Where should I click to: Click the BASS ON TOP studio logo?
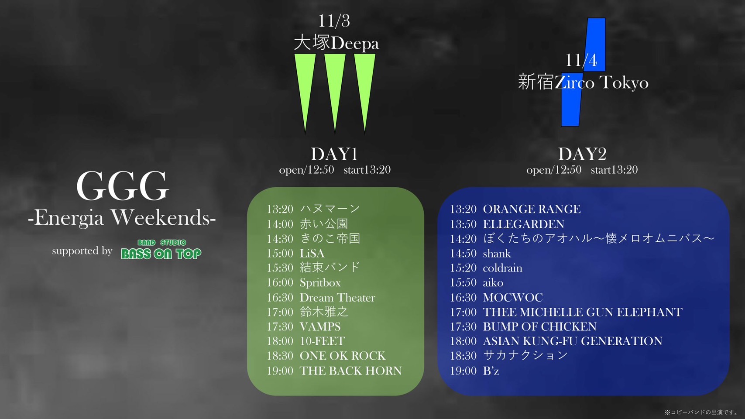(x=161, y=249)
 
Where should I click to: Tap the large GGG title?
(x=122, y=186)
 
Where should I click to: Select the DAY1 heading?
(x=334, y=154)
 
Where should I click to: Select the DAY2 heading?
(x=582, y=154)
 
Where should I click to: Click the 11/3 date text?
(x=334, y=21)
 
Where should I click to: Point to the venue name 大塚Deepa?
(x=336, y=44)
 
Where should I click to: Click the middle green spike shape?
(x=335, y=93)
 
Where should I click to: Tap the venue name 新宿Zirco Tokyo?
(x=583, y=82)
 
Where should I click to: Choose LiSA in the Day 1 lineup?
(x=312, y=254)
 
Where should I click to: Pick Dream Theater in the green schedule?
(x=337, y=297)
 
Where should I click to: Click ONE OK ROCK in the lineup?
(x=343, y=355)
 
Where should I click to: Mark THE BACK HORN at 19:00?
(x=350, y=371)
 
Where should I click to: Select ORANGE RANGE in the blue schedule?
(x=532, y=209)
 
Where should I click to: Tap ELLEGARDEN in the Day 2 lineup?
(x=523, y=224)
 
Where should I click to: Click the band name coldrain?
(x=502, y=268)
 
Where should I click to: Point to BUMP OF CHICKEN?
(x=539, y=326)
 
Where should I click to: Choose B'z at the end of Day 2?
(x=491, y=371)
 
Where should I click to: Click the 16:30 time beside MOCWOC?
(x=463, y=297)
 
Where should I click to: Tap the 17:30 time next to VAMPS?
(x=280, y=326)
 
